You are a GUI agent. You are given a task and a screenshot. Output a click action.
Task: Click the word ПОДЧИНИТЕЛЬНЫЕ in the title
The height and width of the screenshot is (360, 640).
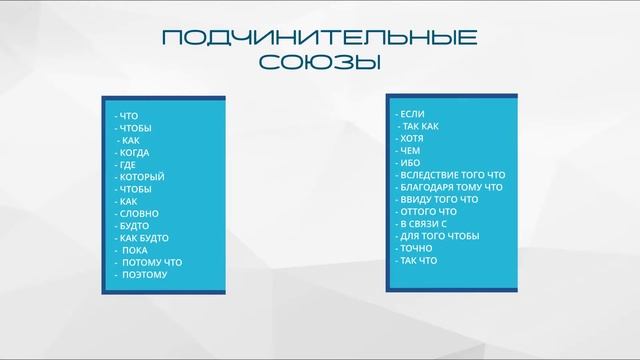tap(319, 39)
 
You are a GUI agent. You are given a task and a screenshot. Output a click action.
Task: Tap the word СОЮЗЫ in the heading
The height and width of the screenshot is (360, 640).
tap(319, 62)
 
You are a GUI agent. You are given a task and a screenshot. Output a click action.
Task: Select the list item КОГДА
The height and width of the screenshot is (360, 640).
tap(136, 153)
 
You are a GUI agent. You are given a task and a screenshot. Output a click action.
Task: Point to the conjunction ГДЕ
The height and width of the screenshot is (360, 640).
tap(129, 165)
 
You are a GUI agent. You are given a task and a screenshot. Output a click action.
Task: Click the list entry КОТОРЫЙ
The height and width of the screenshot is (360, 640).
tap(142, 177)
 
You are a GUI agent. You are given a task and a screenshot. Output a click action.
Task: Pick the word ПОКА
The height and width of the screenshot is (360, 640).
tap(135, 250)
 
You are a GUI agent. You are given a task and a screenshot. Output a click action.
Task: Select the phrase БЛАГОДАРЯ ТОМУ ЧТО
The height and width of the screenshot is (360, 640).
tap(447, 187)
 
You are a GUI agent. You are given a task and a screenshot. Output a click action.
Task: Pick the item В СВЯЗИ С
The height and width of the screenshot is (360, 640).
tap(424, 223)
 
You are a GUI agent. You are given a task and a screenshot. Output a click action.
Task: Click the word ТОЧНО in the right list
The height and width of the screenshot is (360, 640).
tap(416, 247)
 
